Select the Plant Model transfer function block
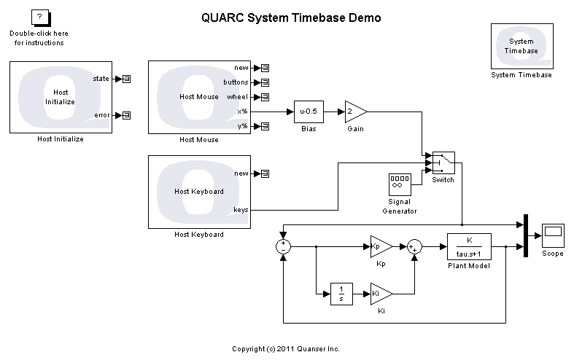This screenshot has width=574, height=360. (468, 246)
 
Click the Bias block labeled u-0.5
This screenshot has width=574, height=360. (308, 112)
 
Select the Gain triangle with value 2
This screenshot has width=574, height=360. (354, 112)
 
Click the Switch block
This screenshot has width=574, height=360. (442, 163)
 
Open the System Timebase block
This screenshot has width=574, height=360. (521, 46)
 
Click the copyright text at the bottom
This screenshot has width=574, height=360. (285, 348)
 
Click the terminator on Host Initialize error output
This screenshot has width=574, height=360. (126, 115)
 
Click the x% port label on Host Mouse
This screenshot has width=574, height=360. (242, 111)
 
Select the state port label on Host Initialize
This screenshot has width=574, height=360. (101, 78)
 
